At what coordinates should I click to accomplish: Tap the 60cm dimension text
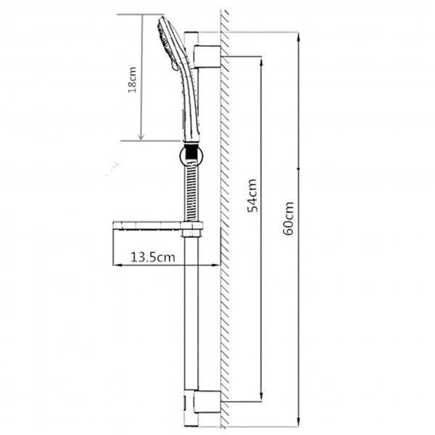tap(289, 217)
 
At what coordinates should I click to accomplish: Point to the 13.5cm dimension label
tap(152, 257)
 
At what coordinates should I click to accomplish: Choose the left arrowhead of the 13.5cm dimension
tap(117, 266)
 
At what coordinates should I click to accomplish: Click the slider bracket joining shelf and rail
tap(193, 231)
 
